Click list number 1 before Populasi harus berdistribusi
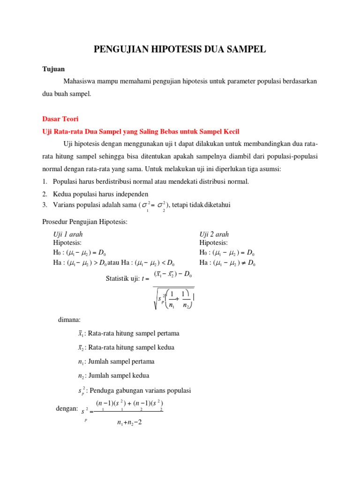pos(45,181)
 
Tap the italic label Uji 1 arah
pos(68,234)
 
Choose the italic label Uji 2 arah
pos(214,234)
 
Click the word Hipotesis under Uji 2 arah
pos(213,242)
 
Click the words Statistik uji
pos(123,278)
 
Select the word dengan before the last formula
pos(66,409)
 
